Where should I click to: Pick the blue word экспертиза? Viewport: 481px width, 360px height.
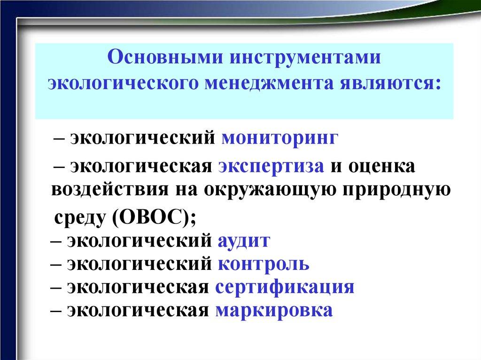tap(271, 166)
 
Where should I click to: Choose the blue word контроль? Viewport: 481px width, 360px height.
tap(264, 264)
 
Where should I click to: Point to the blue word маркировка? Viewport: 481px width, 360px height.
tap(274, 310)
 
